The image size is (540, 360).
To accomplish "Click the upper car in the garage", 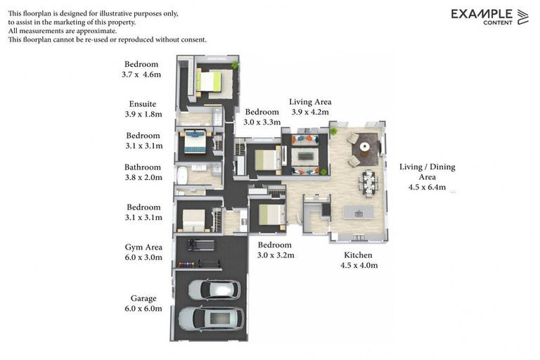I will click(x=214, y=290).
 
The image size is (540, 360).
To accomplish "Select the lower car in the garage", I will click(x=210, y=319).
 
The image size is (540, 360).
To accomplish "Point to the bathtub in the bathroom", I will click(x=181, y=174).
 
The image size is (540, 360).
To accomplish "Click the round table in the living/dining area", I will click(x=364, y=147).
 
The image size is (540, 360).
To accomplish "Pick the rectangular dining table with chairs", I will click(x=368, y=184).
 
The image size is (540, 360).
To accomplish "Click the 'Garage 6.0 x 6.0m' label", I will click(x=143, y=303).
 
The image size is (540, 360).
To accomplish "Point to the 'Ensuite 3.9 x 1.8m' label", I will click(x=143, y=108).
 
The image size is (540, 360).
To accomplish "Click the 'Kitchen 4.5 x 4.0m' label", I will click(x=359, y=259).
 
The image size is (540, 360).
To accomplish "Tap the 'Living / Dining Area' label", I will click(x=427, y=176).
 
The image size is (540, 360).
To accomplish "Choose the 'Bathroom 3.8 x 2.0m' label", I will click(x=143, y=172).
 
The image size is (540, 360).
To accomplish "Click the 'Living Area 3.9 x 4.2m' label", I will click(x=310, y=106).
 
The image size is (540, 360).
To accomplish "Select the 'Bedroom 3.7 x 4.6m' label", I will click(x=142, y=69).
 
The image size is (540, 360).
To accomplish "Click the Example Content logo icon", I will click(x=522, y=17).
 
